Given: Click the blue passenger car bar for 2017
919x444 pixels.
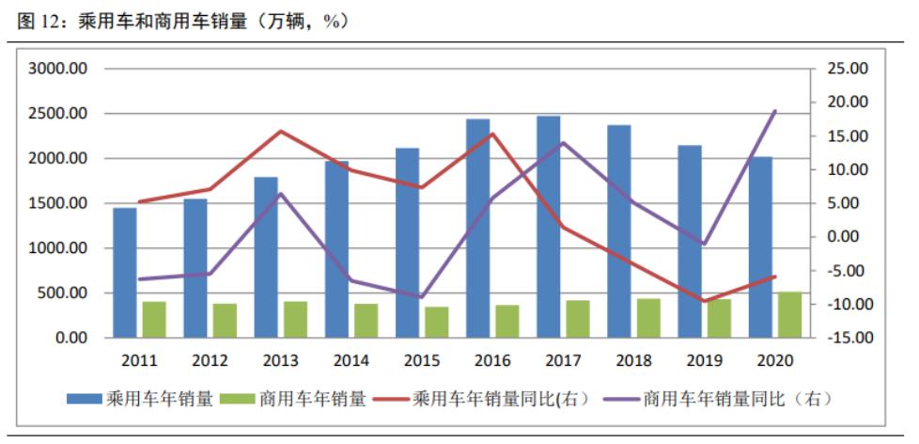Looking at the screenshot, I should pos(549,227).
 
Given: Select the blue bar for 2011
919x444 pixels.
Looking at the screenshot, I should pos(124,273).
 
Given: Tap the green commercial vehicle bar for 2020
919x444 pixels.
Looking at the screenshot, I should pos(790,314).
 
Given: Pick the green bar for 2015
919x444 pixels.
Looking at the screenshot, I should pos(436,322).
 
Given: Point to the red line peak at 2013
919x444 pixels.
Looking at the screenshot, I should pos(280,131).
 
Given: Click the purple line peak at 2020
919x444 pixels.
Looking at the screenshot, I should pos(776,111).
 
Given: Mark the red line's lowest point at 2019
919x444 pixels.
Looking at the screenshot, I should pos(705,301).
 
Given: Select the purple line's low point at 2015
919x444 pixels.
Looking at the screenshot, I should pos(422,297).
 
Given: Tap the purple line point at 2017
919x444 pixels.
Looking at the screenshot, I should pos(563,143).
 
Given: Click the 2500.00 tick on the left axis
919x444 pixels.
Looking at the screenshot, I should pos(58,114).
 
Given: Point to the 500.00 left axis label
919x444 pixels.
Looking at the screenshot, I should pos(63,293).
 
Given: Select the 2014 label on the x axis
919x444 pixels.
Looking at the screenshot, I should pos(350,361).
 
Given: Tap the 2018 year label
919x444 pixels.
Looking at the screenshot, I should pos(633,361).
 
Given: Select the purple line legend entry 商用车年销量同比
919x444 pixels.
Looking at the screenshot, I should pos(724,399).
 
